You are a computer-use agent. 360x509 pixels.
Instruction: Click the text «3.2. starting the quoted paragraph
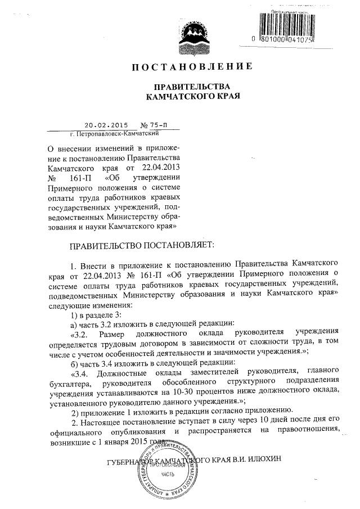(80, 333)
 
